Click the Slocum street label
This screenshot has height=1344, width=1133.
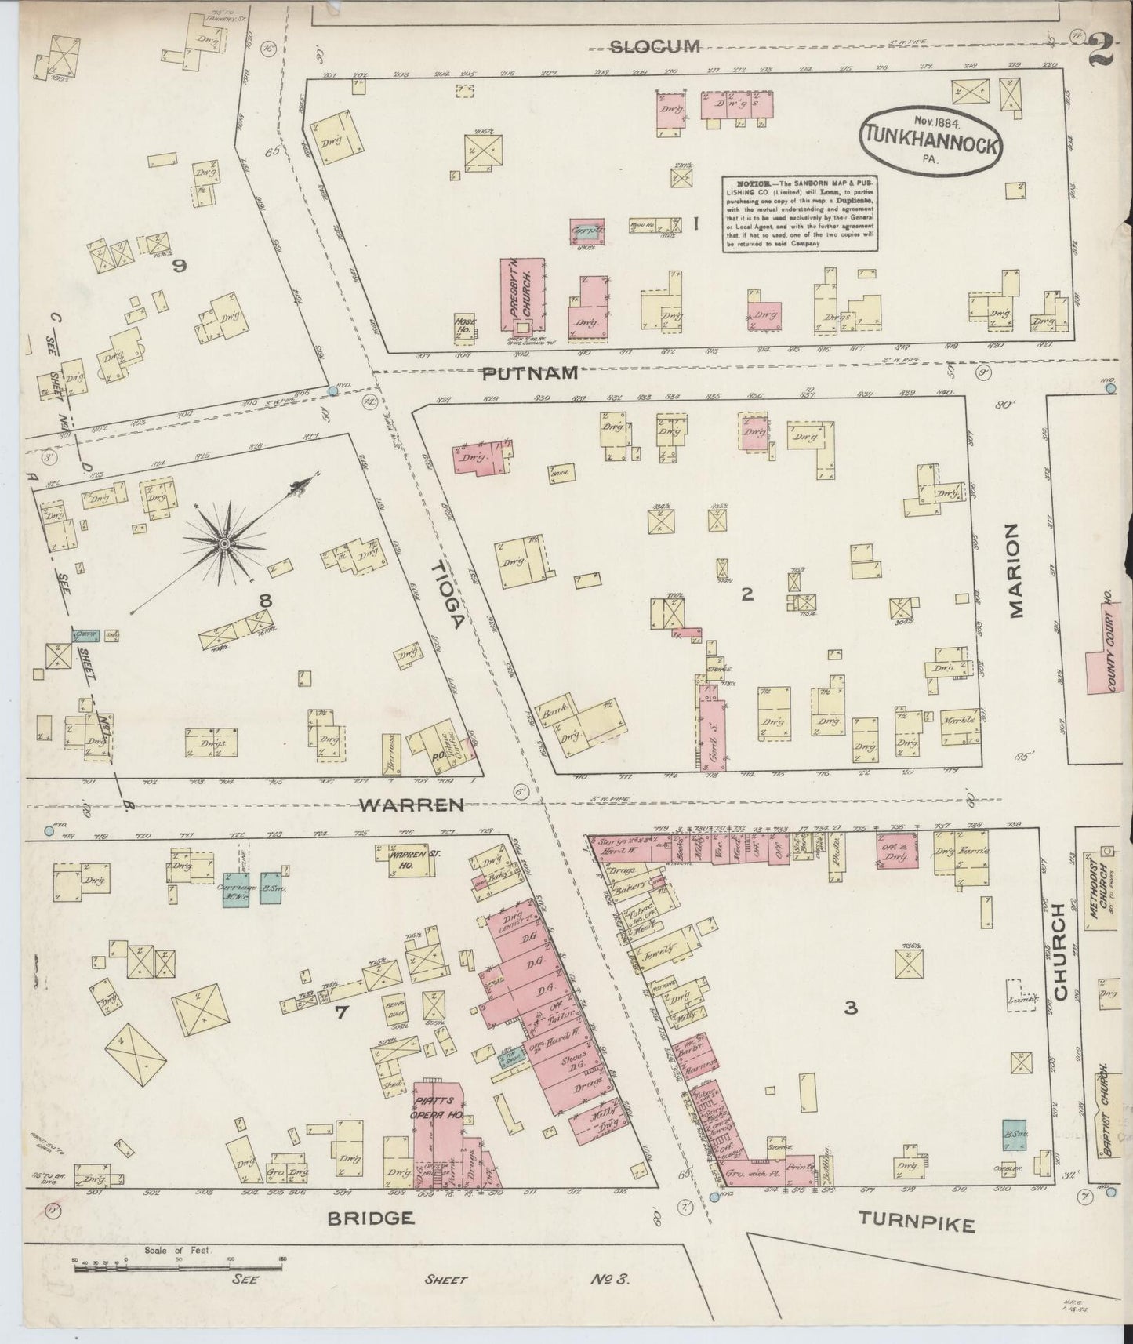(x=655, y=47)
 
